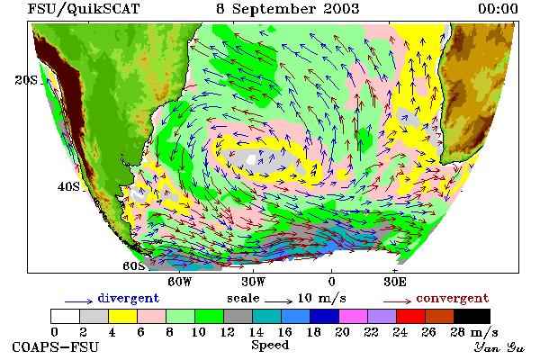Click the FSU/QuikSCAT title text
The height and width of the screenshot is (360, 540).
84,9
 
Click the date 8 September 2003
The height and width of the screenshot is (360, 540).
288,9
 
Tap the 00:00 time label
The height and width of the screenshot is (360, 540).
498,9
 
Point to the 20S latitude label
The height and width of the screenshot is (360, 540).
26,80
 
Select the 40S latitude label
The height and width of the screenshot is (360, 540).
68,186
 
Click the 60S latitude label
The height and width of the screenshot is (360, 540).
133,266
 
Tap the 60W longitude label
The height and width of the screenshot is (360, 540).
180,282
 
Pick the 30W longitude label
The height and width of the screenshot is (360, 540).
254,282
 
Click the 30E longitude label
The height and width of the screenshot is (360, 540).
395,282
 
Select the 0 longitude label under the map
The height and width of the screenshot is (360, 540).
331,282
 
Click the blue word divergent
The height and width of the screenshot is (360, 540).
129,298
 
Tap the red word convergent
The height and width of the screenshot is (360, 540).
453,298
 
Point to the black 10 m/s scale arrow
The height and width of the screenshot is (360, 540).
278,301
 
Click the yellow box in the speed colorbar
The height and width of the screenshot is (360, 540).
123,316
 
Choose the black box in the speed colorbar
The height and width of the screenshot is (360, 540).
472,316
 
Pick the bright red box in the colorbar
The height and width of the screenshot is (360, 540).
411,316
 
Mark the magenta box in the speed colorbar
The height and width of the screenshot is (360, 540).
354,316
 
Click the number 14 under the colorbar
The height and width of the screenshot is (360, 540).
256,332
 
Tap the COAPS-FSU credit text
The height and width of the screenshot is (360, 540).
56,346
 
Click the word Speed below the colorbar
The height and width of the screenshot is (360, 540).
270,346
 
